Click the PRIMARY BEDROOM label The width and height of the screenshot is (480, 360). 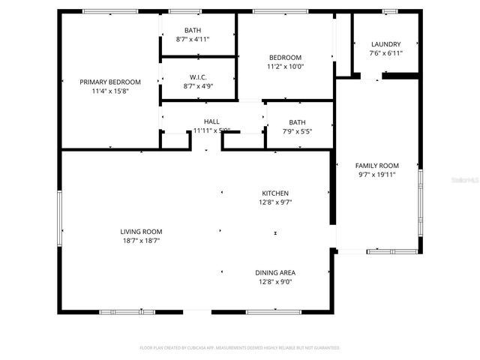click(x=111, y=82)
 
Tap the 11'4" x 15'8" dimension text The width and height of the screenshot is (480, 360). click(x=111, y=91)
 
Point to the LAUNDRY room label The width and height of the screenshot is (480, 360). click(x=385, y=44)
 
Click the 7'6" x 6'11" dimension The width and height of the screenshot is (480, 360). click(x=385, y=53)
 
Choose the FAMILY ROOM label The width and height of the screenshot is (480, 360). click(x=376, y=165)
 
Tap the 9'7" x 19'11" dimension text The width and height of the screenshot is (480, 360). click(x=376, y=174)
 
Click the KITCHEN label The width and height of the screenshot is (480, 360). click(x=275, y=193)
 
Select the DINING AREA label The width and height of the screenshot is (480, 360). click(x=275, y=272)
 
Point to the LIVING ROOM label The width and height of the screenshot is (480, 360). click(x=142, y=232)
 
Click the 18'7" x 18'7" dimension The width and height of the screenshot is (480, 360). click(x=142, y=241)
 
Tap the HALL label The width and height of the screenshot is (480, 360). click(x=212, y=121)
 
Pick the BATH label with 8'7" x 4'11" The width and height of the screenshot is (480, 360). click(x=193, y=30)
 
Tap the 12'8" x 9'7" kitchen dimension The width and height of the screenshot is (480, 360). click(x=275, y=202)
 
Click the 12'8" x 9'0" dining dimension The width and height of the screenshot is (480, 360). click(x=275, y=282)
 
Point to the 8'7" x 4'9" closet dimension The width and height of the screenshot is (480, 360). click(x=199, y=85)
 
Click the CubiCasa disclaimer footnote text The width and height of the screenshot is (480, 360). click(x=240, y=348)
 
